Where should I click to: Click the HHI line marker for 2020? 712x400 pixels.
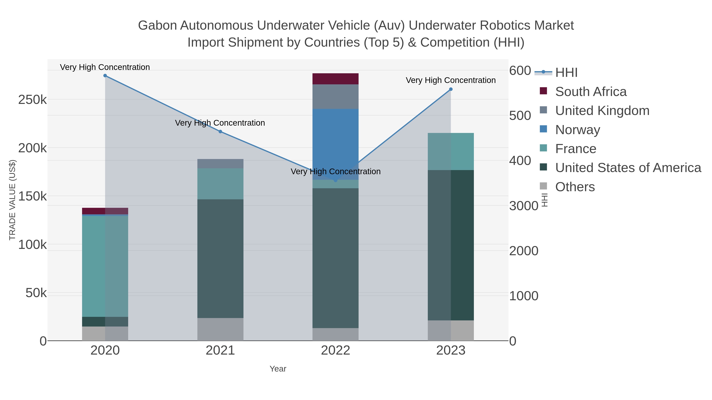[105, 76]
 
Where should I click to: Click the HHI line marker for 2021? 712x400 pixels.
[220, 132]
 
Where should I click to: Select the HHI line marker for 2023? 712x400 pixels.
[451, 89]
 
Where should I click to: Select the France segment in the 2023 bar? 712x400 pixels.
[451, 152]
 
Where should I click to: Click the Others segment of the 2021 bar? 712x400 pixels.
[220, 329]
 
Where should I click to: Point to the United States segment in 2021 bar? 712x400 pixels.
[220, 259]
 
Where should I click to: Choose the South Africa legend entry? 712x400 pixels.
[591, 92]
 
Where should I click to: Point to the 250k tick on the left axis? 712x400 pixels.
[32, 100]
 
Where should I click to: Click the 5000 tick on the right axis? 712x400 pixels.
[520, 116]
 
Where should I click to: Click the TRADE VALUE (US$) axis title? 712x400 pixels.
[12, 200]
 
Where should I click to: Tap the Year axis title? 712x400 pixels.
[278, 369]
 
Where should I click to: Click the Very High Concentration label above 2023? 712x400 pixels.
[451, 80]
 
